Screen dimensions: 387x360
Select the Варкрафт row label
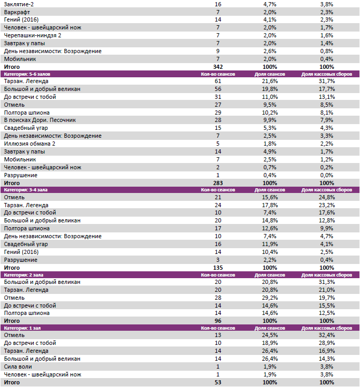[x=16, y=12]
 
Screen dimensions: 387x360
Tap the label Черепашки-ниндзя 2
[x=33, y=35]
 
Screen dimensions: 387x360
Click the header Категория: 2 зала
[x=24, y=274]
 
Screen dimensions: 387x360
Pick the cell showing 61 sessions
[x=218, y=82]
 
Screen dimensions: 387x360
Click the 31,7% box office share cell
[x=326, y=82]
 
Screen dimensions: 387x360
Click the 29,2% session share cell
[x=269, y=298]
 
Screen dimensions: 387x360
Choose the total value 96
[x=218, y=321]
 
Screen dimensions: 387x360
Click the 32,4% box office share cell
[x=326, y=335]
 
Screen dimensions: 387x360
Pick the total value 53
[x=218, y=382]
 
